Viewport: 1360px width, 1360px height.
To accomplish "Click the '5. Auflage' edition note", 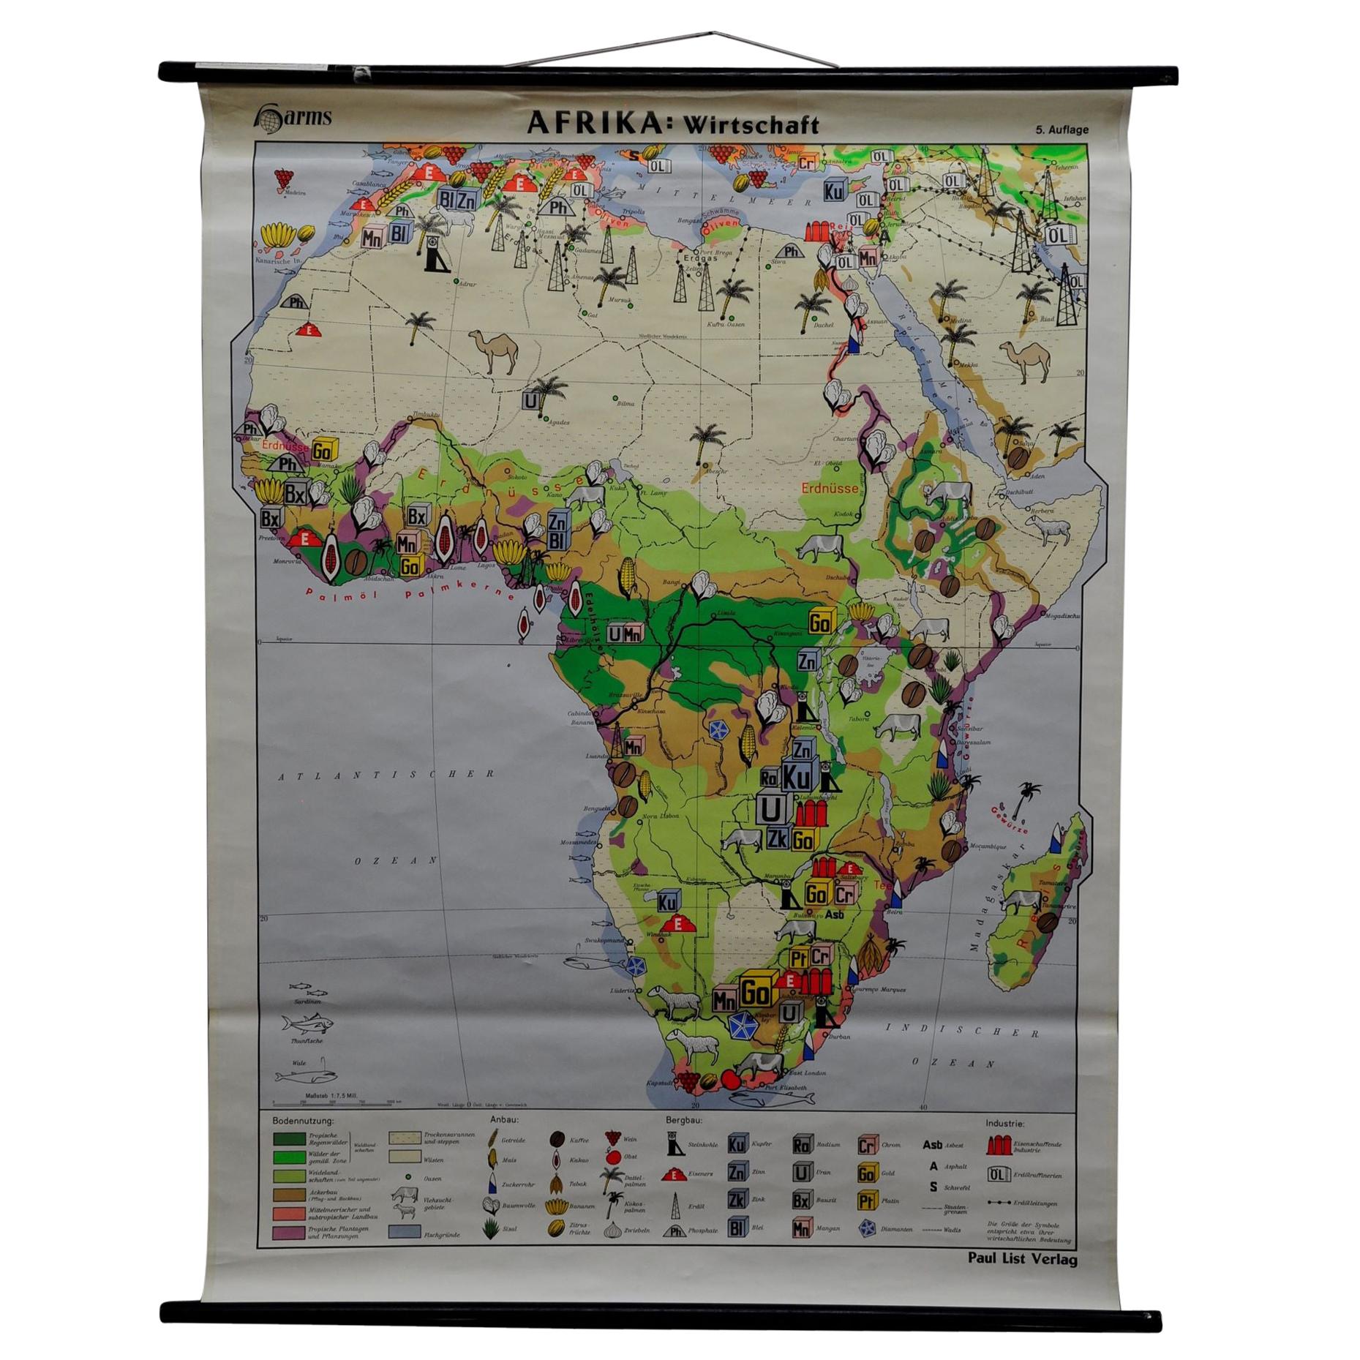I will [x=1061, y=130].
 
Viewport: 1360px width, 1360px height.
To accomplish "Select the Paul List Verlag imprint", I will [x=1022, y=1259].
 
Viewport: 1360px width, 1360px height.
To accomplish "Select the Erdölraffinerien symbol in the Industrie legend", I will [x=996, y=1175].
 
